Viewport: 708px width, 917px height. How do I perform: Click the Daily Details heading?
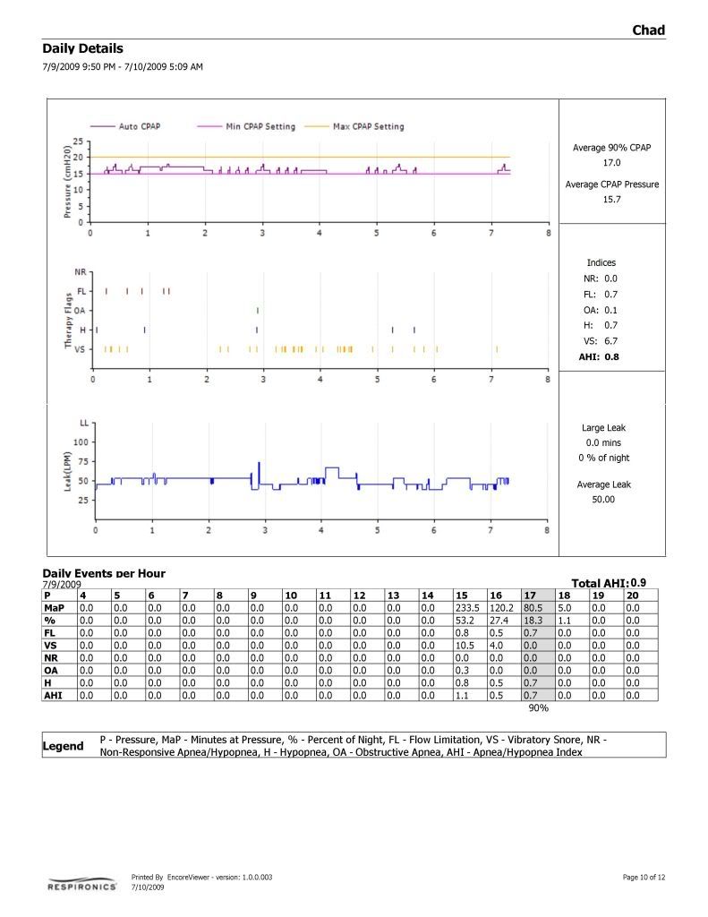tap(82, 48)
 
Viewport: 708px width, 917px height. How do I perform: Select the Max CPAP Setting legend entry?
tap(368, 126)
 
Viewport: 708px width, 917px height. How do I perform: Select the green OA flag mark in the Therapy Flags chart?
tap(258, 310)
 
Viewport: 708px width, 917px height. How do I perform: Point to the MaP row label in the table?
tap(55, 608)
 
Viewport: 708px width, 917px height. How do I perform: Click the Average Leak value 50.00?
tap(603, 500)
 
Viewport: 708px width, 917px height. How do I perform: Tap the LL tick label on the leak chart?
tap(84, 422)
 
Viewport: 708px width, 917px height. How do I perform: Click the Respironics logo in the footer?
tap(81, 885)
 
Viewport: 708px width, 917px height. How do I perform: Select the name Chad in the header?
tap(648, 30)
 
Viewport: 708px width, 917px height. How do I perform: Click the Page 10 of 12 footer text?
tap(644, 877)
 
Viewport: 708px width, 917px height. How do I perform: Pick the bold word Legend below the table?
tap(64, 746)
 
